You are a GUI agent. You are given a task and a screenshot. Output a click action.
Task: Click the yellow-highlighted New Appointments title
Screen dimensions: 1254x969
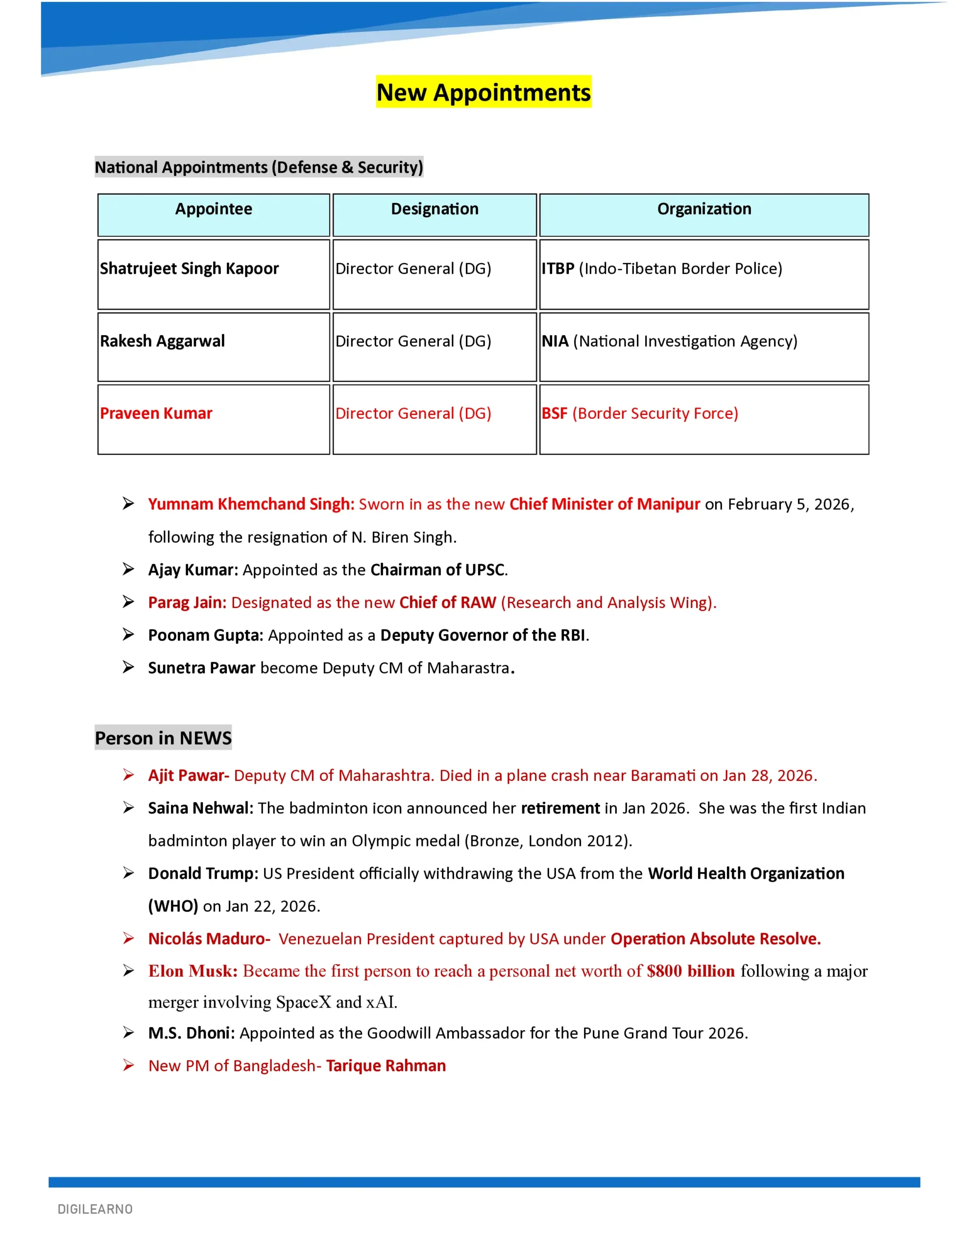click(x=484, y=93)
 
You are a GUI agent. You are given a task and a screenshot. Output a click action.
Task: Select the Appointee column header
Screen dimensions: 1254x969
click(x=213, y=209)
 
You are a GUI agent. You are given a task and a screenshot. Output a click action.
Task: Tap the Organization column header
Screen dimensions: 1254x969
click(x=703, y=209)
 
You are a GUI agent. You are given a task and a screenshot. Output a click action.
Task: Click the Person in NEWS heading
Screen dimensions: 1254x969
click(x=163, y=738)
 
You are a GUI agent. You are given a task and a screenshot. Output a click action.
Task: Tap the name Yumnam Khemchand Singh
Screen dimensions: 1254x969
click(x=251, y=504)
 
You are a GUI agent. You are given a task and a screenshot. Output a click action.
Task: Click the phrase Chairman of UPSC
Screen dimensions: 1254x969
click(x=437, y=570)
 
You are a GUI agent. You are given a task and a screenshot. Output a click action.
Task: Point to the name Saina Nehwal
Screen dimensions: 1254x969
click(x=200, y=808)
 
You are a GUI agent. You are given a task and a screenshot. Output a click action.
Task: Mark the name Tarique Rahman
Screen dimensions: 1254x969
click(x=386, y=1066)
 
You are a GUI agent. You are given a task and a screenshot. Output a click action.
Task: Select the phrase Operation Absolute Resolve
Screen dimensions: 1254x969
click(x=715, y=939)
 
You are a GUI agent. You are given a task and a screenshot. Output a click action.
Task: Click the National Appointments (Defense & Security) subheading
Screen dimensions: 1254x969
click(x=259, y=167)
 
